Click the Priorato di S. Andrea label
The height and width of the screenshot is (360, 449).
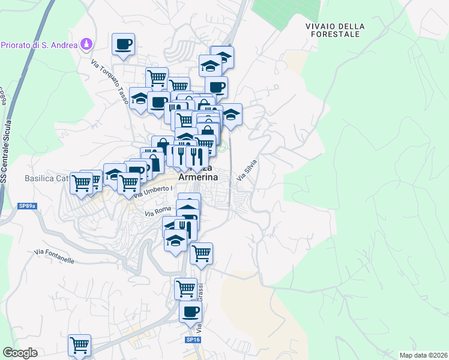pos(39,45)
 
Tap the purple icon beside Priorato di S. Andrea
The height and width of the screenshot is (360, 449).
pos(88,44)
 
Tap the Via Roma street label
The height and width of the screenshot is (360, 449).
pos(158,212)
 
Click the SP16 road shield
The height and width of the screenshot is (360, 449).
pos(193,340)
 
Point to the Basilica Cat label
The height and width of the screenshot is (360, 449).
pos(47,178)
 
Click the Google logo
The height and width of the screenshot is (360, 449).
pos(20,352)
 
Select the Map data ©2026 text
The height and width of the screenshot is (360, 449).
pos(423,355)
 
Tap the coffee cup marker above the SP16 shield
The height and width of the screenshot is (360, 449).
pos(190,312)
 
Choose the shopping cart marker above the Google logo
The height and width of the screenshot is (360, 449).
pos(79,345)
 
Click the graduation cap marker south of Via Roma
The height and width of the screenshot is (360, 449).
pos(175,240)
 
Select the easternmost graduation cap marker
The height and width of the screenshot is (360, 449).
pos(231,114)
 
